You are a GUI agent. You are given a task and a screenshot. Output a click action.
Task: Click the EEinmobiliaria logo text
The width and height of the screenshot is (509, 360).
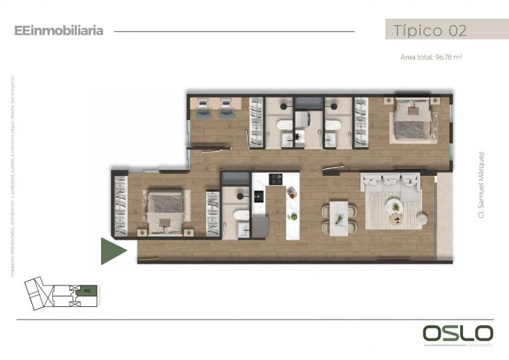click(x=59, y=31)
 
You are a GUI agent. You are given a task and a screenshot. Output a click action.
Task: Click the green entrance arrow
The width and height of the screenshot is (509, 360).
click(x=112, y=251)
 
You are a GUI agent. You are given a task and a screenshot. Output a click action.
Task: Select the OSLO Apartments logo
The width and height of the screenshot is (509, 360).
click(x=457, y=334)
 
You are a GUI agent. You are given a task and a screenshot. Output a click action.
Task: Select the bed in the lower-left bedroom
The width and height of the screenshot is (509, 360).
click(x=165, y=211)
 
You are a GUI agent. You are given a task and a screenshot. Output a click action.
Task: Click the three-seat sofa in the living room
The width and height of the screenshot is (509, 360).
click(x=390, y=183)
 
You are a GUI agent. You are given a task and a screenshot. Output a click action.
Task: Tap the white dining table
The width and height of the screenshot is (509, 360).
click(x=340, y=217)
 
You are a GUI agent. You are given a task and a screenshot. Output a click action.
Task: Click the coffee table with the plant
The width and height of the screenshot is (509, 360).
click(x=395, y=207)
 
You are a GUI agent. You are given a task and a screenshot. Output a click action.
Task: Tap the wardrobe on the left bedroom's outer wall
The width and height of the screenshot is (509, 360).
click(x=121, y=207)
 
